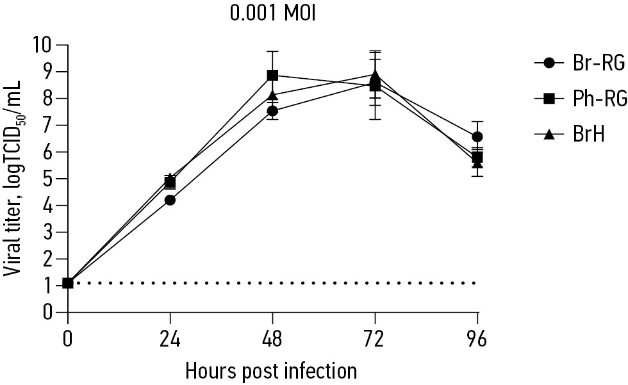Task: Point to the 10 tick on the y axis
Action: click(x=44, y=45)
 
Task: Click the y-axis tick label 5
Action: click(x=49, y=179)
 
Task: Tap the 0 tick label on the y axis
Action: click(x=49, y=312)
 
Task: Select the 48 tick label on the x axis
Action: click(x=272, y=338)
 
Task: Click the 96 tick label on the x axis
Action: click(x=477, y=338)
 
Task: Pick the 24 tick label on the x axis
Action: click(x=170, y=338)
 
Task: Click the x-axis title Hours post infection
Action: click(x=271, y=370)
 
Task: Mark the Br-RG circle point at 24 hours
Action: click(x=170, y=200)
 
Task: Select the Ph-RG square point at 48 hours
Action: click(x=272, y=76)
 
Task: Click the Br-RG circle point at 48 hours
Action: click(x=272, y=111)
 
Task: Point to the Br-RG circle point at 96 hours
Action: click(x=477, y=137)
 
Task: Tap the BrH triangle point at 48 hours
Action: click(x=272, y=95)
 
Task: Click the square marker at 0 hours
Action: click(x=67, y=283)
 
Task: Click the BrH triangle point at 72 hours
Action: click(x=375, y=75)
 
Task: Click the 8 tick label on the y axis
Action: click(x=49, y=99)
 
